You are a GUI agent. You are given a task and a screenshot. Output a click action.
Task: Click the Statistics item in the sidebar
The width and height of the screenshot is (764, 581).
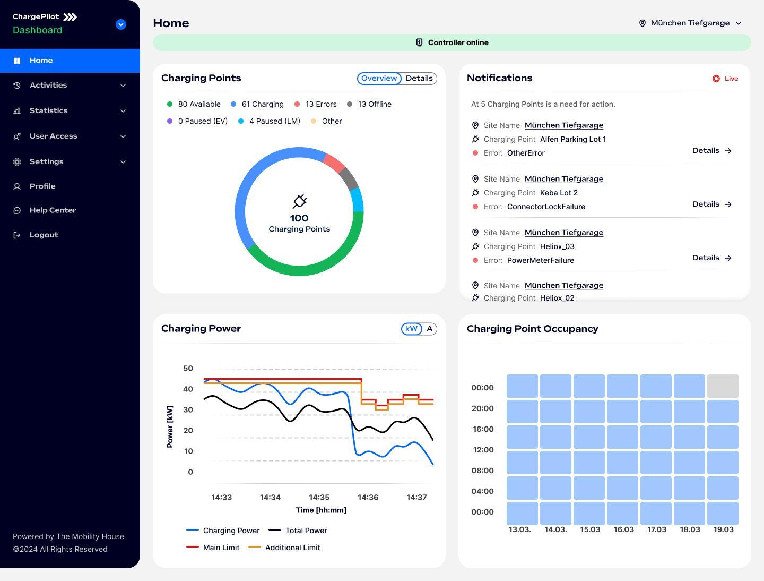click(x=49, y=110)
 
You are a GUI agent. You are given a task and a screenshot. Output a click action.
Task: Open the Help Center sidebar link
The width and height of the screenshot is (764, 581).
click(x=53, y=210)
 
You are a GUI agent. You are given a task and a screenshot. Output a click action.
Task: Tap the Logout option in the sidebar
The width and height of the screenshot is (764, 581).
click(x=44, y=235)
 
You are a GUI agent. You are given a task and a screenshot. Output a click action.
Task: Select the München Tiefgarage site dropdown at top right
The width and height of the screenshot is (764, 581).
click(x=690, y=23)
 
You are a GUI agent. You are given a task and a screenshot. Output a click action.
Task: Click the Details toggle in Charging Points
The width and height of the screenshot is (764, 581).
click(x=419, y=78)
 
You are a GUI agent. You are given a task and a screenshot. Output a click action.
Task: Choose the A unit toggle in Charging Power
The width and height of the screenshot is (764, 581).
click(x=430, y=329)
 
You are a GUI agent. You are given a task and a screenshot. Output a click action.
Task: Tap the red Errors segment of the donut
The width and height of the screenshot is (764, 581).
click(x=334, y=163)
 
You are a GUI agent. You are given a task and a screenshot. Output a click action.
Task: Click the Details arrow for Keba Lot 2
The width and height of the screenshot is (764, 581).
click(x=712, y=204)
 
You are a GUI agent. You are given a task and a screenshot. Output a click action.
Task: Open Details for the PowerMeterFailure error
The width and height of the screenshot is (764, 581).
click(x=712, y=258)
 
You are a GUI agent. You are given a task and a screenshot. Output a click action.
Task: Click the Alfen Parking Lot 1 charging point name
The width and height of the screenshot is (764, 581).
click(x=572, y=139)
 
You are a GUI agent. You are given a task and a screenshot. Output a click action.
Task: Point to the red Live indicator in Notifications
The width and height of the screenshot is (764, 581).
click(x=725, y=79)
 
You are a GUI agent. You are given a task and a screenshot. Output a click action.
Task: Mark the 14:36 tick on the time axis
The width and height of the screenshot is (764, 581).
click(x=368, y=498)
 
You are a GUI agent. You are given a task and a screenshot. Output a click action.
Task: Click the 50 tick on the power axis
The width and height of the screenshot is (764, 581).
click(x=188, y=368)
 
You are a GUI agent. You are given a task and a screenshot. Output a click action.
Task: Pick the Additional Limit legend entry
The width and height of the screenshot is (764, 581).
click(x=292, y=548)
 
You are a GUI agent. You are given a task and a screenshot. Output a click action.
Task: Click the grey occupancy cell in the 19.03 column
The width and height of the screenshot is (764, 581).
click(x=723, y=386)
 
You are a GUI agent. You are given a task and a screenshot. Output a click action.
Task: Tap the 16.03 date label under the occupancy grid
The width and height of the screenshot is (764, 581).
click(x=623, y=529)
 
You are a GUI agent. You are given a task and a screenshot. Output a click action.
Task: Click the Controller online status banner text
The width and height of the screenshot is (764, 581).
click(x=458, y=42)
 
